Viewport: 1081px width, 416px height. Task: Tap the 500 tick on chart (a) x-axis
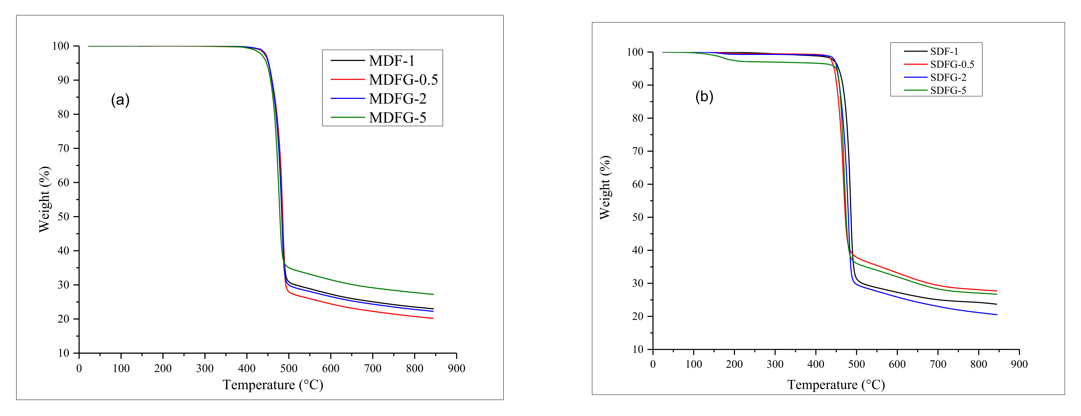[x=289, y=369]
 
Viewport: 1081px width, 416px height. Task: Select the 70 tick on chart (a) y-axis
[x=63, y=148]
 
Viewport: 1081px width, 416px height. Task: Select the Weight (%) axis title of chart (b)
[x=605, y=188]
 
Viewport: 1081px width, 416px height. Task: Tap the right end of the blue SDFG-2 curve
[x=996, y=315]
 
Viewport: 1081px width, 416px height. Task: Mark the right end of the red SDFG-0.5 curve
[x=996, y=291]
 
